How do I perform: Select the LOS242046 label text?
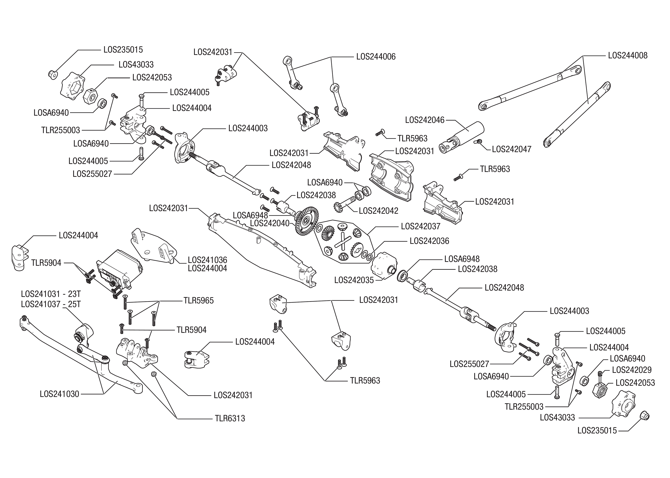pyautogui.click(x=425, y=120)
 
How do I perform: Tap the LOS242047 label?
pyautogui.click(x=512, y=149)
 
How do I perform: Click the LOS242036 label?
pyautogui.click(x=429, y=241)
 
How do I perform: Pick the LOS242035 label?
pyautogui.click(x=354, y=280)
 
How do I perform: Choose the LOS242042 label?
pyautogui.click(x=378, y=211)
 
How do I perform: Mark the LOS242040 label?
pyautogui.click(x=270, y=223)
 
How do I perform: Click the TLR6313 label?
pyautogui.click(x=230, y=418)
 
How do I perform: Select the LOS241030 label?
pyautogui.click(x=60, y=394)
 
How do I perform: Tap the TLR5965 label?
pyautogui.click(x=199, y=301)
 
